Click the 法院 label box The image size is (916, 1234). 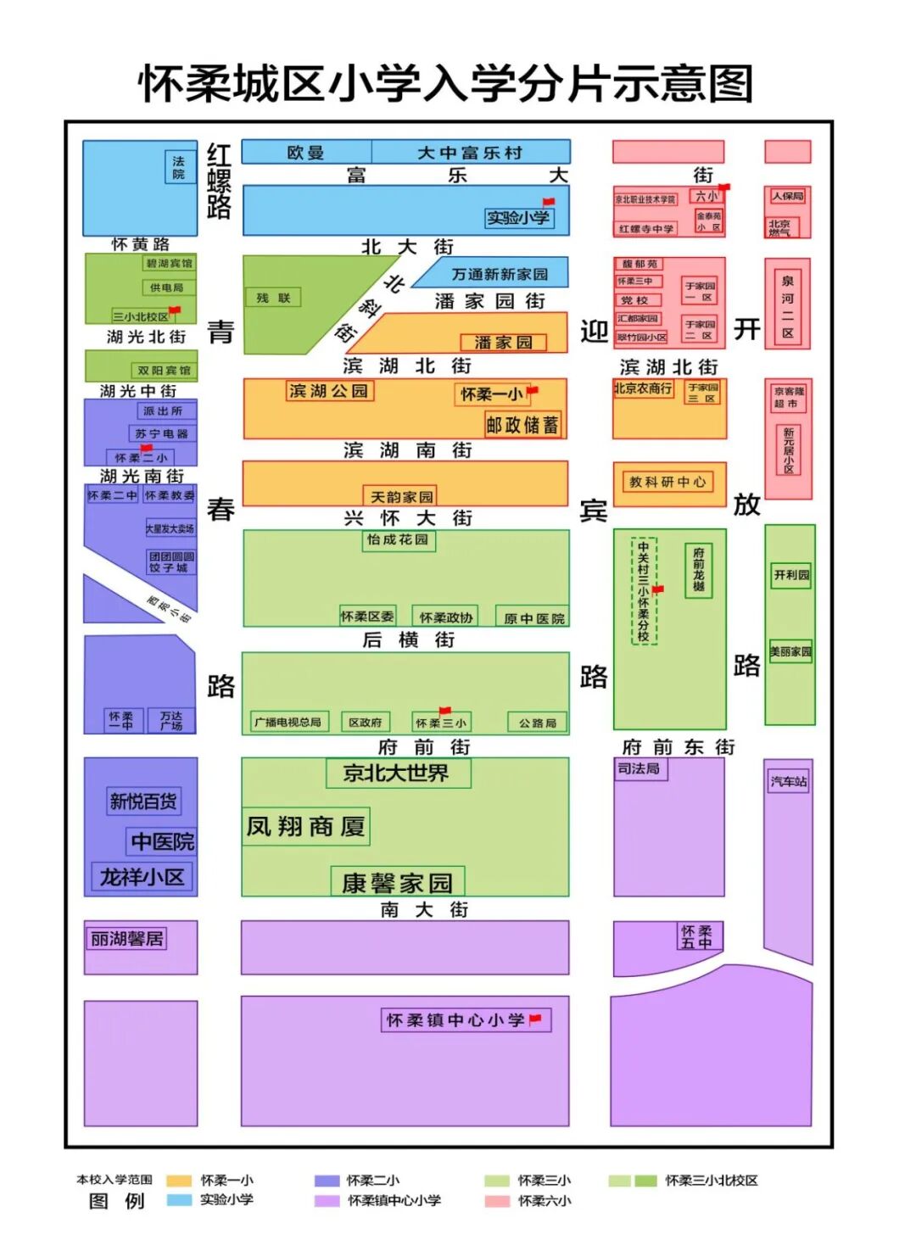coord(179,167)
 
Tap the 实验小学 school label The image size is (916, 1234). coord(517,218)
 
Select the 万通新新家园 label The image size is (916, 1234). coord(500,274)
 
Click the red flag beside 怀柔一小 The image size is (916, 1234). coord(533,391)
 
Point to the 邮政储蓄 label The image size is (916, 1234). coord(522,425)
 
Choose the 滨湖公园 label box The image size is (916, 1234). coord(329,391)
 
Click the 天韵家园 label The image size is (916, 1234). coord(402,496)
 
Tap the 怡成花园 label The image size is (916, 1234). coord(398,540)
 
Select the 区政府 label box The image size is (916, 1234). coord(365,722)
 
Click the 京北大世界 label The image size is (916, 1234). coord(397,773)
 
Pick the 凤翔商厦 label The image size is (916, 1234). coord(306,825)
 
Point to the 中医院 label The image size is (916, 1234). coord(163,841)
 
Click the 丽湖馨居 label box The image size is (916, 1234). coord(127,939)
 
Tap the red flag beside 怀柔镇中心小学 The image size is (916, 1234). coord(535,1019)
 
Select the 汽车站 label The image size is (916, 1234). coord(788,781)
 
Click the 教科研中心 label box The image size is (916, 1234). coord(667,482)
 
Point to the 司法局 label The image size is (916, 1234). coord(639,768)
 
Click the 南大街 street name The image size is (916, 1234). coord(424,909)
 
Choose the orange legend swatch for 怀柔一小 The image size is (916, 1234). coord(179,1181)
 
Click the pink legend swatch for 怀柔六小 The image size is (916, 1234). coord(497,1201)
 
